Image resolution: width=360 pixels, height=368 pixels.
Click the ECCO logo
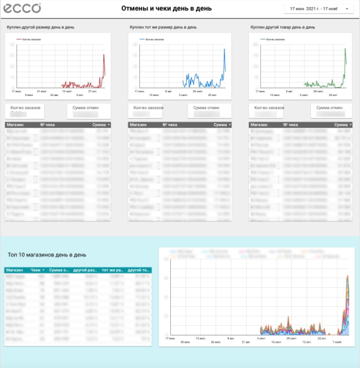(x=22, y=8)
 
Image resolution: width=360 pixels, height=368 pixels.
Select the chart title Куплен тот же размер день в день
(x=163, y=26)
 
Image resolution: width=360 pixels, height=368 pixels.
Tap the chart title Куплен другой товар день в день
(x=283, y=26)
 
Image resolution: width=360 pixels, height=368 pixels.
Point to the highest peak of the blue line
(x=225, y=50)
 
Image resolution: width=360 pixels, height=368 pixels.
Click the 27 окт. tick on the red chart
(x=93, y=91)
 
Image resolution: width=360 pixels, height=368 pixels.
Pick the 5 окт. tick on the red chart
(x=80, y=95)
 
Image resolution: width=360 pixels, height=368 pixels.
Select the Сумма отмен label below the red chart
(x=85, y=108)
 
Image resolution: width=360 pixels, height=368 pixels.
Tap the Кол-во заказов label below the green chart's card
(x=269, y=108)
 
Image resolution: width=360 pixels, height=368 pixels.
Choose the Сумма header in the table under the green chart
(x=342, y=125)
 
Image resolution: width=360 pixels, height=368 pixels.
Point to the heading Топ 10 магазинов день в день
(x=47, y=255)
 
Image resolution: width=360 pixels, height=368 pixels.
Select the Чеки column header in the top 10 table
(x=36, y=270)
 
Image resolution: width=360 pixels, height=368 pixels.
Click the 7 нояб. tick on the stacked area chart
(x=339, y=342)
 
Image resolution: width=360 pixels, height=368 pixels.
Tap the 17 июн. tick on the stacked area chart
(x=170, y=338)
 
